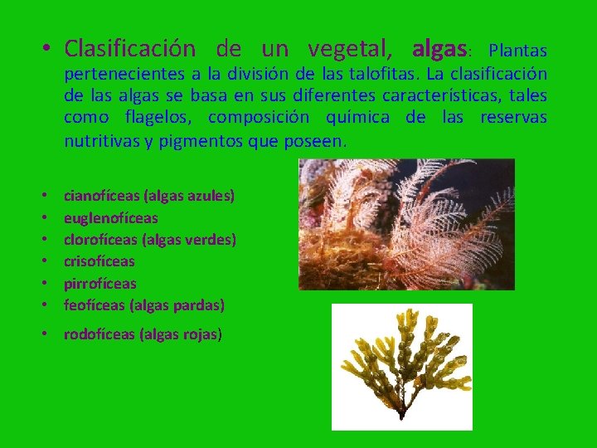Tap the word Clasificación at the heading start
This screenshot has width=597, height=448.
pos(130,48)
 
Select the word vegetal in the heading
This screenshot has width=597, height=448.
pos(354,48)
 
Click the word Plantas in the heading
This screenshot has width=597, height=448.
pos(518,50)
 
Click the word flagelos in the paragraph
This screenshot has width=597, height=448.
pos(158,117)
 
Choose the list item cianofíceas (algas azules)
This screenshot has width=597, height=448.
pos(149,197)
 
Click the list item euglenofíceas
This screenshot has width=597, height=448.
pos(110,218)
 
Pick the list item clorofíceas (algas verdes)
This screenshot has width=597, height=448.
pos(150,240)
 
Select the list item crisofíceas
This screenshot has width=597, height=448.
pos(99,261)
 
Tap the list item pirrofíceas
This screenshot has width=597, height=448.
pos(99,283)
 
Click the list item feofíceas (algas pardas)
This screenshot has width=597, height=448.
pos(143,304)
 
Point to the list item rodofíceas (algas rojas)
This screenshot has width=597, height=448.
pos(143,334)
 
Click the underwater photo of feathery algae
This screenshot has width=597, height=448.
pos(406,224)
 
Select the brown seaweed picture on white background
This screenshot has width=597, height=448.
pos(401,366)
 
